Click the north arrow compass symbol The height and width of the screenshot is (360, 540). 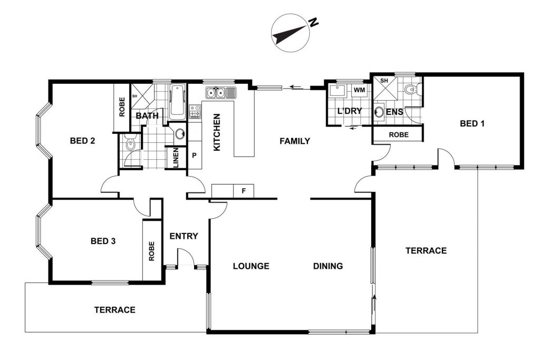[x=291, y=33]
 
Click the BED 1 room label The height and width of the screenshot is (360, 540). [x=472, y=123]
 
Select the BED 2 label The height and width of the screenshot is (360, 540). [x=82, y=141]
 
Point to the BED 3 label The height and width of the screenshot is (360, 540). [x=103, y=241]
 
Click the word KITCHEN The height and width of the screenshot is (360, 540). [x=217, y=132]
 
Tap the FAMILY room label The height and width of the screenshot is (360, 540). [x=295, y=141]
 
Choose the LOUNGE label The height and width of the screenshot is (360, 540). [x=251, y=266]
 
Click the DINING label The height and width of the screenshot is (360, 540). [x=328, y=266]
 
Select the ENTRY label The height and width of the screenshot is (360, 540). [x=184, y=236]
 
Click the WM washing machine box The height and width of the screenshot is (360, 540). [x=360, y=91]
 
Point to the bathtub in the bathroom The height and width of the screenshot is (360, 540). [x=178, y=102]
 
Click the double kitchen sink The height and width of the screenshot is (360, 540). [x=221, y=93]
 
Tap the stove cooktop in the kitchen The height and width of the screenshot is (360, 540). [x=195, y=112]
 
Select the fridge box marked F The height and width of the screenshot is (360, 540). [x=244, y=191]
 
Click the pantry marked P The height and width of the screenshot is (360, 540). [x=194, y=155]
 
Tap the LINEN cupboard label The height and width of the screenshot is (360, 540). [x=176, y=158]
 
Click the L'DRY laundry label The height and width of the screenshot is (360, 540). [x=350, y=111]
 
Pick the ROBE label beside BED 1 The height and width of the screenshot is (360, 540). [x=399, y=135]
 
